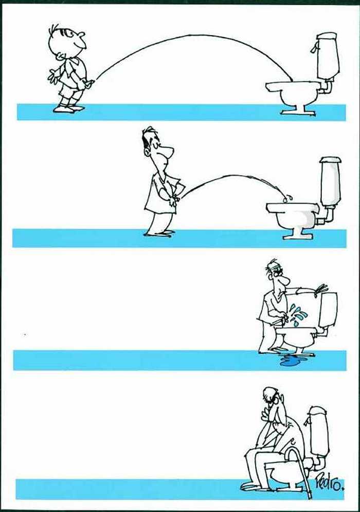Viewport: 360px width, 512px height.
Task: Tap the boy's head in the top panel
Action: click(67, 41)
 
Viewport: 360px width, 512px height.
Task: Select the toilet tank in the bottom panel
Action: click(318, 431)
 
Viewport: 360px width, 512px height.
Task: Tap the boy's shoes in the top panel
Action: click(68, 108)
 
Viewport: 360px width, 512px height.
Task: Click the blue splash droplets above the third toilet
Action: click(298, 314)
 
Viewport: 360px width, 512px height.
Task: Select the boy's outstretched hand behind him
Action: click(52, 76)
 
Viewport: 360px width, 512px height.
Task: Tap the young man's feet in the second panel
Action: click(160, 233)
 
